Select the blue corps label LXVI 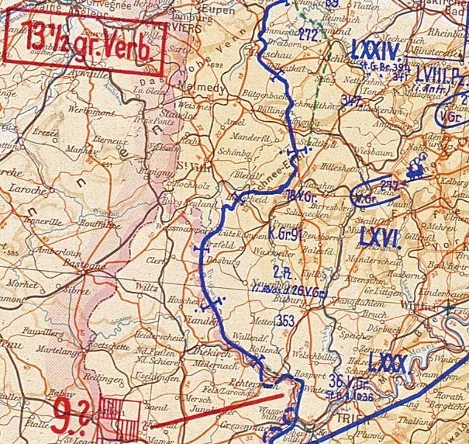(x=378, y=238)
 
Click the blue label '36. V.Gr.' (x=348, y=380)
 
